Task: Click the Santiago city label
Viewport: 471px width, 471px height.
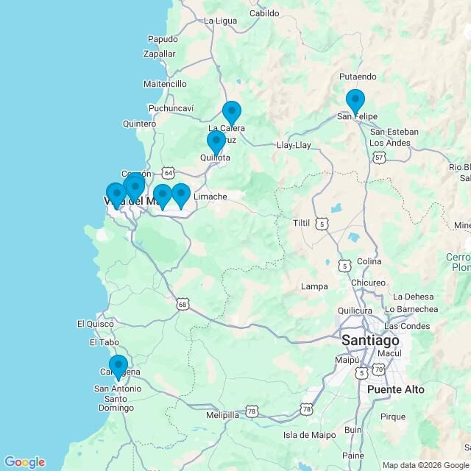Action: (x=370, y=341)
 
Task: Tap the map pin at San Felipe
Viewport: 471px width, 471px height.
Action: (x=355, y=101)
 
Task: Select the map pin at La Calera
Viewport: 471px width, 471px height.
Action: (x=232, y=113)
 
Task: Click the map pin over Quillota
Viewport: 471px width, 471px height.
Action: (x=216, y=142)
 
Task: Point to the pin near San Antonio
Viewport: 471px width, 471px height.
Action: (x=118, y=366)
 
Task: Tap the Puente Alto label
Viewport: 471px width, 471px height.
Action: (x=395, y=389)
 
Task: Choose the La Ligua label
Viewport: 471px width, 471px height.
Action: (x=219, y=20)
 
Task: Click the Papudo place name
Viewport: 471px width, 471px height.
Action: (x=163, y=39)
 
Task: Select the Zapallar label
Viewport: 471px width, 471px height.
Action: (x=160, y=54)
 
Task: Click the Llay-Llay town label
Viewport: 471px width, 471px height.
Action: (x=294, y=145)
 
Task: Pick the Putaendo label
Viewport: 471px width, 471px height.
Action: (x=358, y=77)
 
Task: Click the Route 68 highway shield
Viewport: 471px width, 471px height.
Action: (x=183, y=303)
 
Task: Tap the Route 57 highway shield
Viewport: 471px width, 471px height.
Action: (x=379, y=157)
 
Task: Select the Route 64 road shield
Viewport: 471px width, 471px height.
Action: (x=169, y=172)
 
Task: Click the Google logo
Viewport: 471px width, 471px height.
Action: (x=24, y=462)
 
